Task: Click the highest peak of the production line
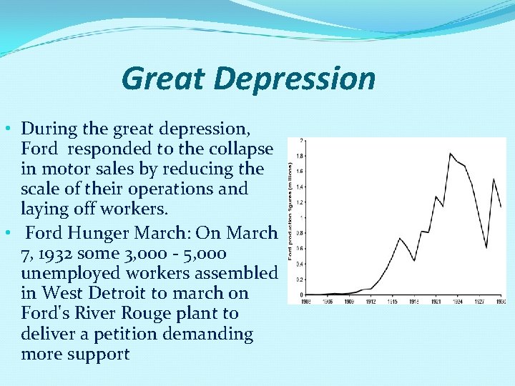tap(450, 153)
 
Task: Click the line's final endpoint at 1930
tap(501, 207)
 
